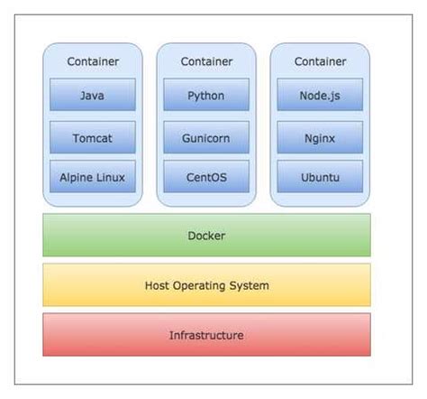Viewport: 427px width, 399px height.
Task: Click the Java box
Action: click(x=92, y=95)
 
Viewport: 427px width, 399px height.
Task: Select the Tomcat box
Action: click(x=92, y=137)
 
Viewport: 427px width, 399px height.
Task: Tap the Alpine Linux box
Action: click(x=92, y=178)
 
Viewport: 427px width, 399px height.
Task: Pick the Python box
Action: click(x=206, y=95)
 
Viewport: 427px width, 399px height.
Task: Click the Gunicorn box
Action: click(x=206, y=137)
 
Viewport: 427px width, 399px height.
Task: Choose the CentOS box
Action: click(x=206, y=178)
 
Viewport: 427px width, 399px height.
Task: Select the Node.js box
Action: click(x=320, y=95)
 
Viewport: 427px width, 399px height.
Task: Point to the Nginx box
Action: click(x=320, y=137)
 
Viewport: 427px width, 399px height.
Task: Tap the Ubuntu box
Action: click(x=320, y=178)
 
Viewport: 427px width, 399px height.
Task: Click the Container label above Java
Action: click(x=92, y=61)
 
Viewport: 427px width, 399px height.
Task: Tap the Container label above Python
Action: click(x=206, y=61)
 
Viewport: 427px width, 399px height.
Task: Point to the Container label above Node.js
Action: click(x=320, y=61)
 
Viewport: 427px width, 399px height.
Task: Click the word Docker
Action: click(x=206, y=236)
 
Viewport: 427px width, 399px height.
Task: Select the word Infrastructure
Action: click(x=206, y=335)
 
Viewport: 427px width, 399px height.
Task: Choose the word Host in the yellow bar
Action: click(x=159, y=285)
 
